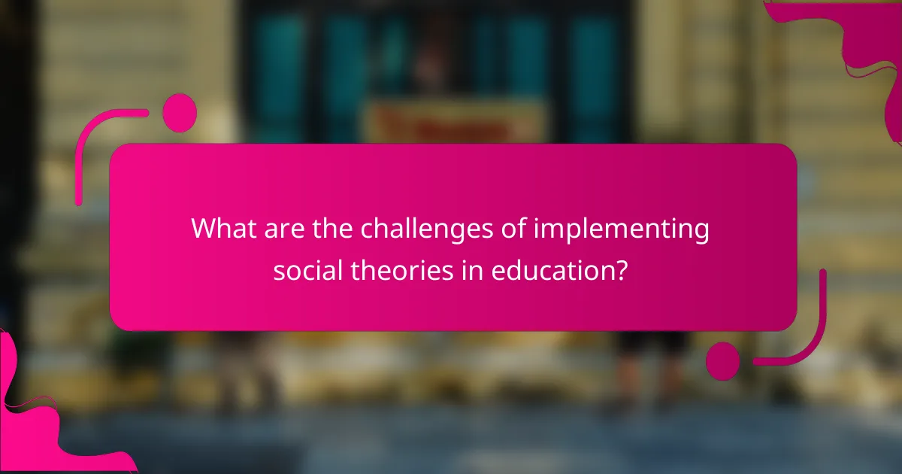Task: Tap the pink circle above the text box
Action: click(180, 113)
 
